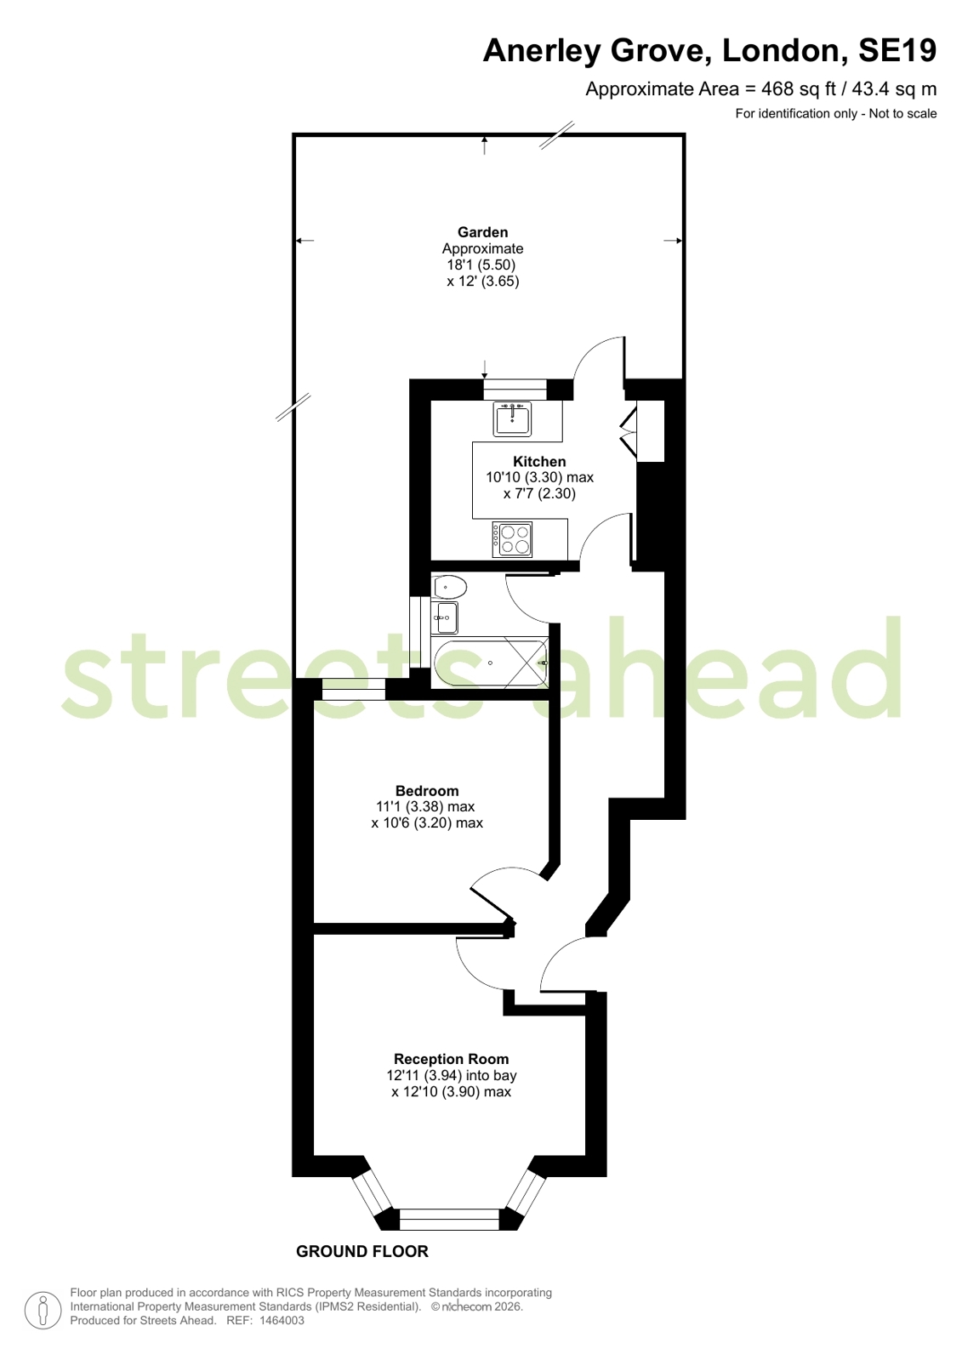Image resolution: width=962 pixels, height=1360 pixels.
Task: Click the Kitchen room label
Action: pyautogui.click(x=539, y=462)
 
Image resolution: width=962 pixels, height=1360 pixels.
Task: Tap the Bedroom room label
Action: pyautogui.click(x=427, y=790)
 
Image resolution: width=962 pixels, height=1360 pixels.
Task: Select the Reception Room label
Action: pyautogui.click(x=452, y=1059)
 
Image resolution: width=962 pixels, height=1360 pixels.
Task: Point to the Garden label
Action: pyautogui.click(x=483, y=232)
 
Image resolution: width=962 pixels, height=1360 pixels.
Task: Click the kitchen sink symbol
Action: pyautogui.click(x=513, y=418)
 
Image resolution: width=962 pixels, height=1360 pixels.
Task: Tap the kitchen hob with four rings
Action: pyautogui.click(x=512, y=539)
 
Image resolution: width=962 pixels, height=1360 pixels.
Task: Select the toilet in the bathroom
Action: pyautogui.click(x=449, y=587)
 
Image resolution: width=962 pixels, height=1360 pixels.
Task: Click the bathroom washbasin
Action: pyautogui.click(x=445, y=617)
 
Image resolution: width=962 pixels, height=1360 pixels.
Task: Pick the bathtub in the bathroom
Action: pyautogui.click(x=490, y=663)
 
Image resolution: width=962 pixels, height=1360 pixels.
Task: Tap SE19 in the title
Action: pyautogui.click(x=897, y=50)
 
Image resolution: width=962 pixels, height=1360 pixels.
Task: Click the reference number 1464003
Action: pyautogui.click(x=282, y=1321)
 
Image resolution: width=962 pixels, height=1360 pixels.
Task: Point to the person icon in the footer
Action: pyautogui.click(x=43, y=1310)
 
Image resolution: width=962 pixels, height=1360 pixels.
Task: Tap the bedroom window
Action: pyautogui.click(x=354, y=689)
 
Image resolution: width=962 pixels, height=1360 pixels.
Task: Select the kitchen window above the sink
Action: pyautogui.click(x=515, y=390)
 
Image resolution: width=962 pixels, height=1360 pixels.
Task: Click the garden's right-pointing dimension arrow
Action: pyautogui.click(x=672, y=241)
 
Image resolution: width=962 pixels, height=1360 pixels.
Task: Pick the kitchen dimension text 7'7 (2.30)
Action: pyautogui.click(x=539, y=493)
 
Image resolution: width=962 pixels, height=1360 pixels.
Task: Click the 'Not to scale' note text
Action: pyautogui.click(x=902, y=113)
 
